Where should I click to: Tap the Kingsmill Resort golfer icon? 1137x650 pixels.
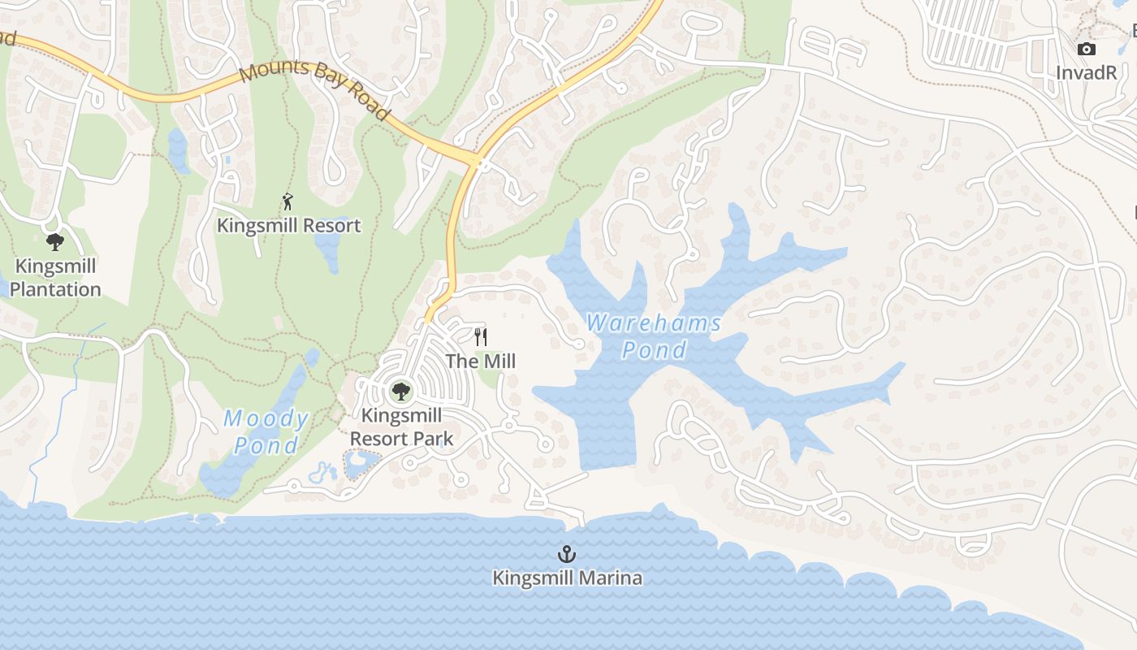pyautogui.click(x=287, y=201)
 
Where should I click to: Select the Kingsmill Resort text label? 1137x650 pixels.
pyautogui.click(x=288, y=225)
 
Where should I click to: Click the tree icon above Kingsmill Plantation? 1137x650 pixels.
pyautogui.click(x=55, y=241)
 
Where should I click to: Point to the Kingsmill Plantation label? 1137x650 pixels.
pyautogui.click(x=55, y=278)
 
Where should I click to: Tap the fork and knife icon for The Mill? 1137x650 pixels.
pyautogui.click(x=481, y=336)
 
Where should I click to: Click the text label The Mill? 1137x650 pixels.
pyautogui.click(x=481, y=361)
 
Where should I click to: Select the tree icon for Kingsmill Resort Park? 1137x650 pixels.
pyautogui.click(x=400, y=392)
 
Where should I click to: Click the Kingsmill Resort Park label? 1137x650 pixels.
pyautogui.click(x=401, y=427)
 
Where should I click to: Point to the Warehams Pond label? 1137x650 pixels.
pyautogui.click(x=654, y=336)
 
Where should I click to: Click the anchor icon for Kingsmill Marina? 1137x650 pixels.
pyautogui.click(x=567, y=554)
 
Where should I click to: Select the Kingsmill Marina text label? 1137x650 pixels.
pyautogui.click(x=567, y=578)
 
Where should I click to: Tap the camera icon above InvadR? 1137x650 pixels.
pyautogui.click(x=1086, y=50)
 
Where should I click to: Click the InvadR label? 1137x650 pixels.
pyautogui.click(x=1087, y=72)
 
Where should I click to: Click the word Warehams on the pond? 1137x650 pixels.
pyautogui.click(x=654, y=323)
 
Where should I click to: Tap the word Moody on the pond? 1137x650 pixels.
pyautogui.click(x=266, y=419)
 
